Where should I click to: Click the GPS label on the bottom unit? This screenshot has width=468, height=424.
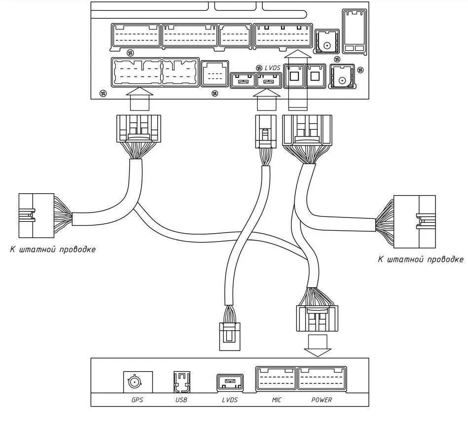[137, 400]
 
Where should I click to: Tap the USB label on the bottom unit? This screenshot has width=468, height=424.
[181, 400]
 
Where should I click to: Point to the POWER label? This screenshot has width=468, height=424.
[322, 400]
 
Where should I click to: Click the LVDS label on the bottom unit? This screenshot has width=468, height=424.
[229, 400]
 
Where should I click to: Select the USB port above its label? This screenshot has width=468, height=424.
[181, 381]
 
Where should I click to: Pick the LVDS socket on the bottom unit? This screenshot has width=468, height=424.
[229, 382]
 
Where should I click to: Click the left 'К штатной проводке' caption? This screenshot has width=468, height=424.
[53, 249]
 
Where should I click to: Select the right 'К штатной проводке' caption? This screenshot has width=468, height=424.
[420, 259]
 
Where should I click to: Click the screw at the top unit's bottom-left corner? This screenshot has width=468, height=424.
[103, 92]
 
